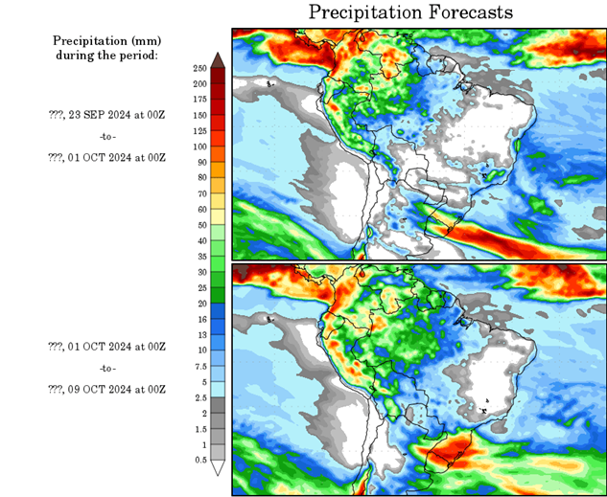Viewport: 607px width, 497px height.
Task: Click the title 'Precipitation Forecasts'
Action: click(409, 12)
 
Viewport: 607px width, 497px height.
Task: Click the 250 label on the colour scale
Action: click(199, 69)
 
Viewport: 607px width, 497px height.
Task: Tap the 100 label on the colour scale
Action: click(199, 147)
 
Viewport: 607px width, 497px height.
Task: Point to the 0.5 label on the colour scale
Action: click(199, 460)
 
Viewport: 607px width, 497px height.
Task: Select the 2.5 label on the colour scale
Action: click(199, 397)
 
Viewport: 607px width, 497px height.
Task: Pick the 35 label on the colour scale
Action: click(199, 257)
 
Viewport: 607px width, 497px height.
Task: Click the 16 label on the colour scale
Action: click(199, 320)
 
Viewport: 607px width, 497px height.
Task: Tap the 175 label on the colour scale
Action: click(199, 101)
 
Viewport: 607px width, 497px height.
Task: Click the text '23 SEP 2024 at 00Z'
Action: click(119, 114)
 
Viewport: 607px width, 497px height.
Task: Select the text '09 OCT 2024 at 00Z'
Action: click(119, 390)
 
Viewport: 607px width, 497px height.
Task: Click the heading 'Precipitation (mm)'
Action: click(106, 41)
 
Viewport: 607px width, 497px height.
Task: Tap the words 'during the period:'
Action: click(106, 56)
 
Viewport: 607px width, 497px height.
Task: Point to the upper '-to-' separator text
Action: click(106, 136)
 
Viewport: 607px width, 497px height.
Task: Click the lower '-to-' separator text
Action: click(106, 368)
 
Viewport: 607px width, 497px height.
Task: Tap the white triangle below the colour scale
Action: click(219, 468)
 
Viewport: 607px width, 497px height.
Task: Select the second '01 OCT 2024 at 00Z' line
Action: click(119, 346)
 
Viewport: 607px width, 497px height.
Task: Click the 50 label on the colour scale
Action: click(199, 226)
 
